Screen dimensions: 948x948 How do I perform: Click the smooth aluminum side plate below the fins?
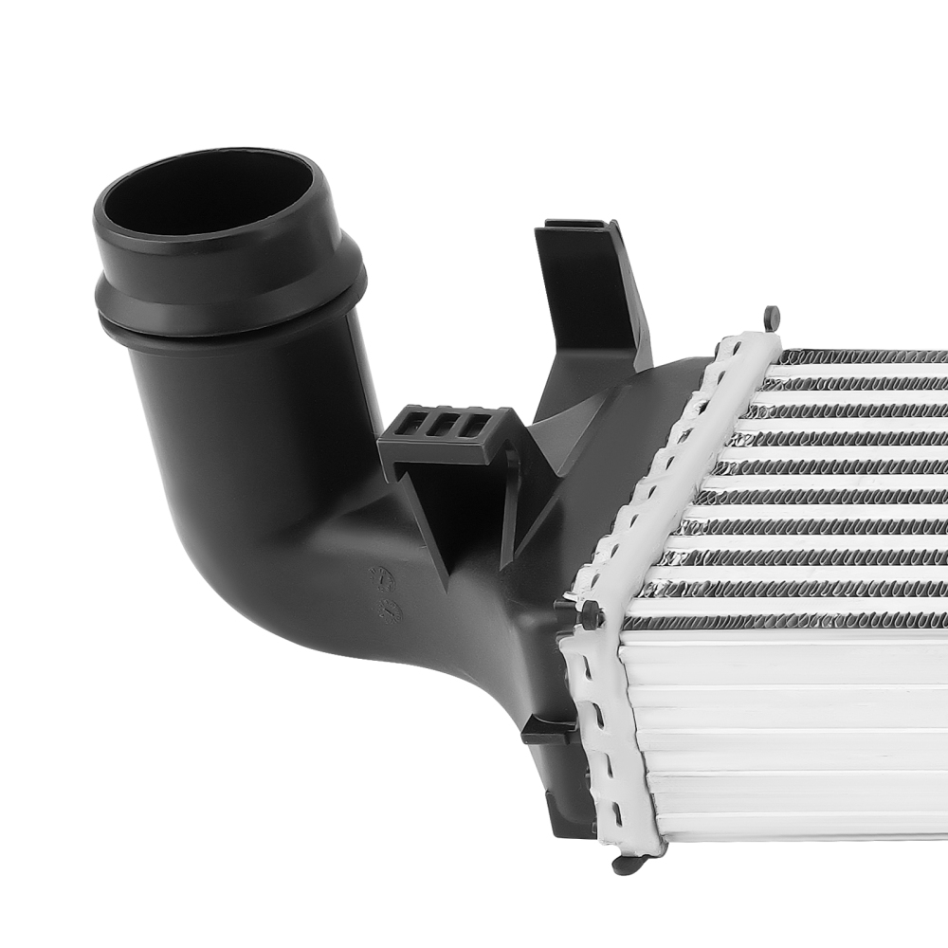click(787, 739)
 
